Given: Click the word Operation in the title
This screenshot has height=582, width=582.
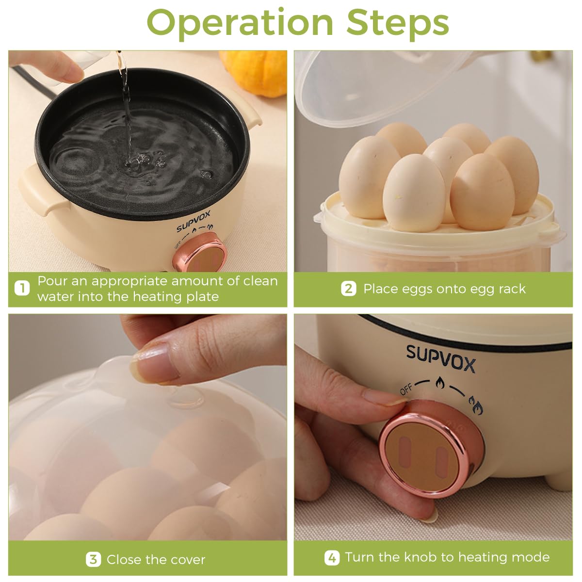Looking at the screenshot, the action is click(240, 24).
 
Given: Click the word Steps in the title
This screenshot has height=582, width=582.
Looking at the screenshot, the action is click(398, 24).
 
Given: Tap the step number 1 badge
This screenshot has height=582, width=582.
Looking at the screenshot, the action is click(22, 288).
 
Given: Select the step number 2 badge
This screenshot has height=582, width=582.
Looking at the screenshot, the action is click(349, 289).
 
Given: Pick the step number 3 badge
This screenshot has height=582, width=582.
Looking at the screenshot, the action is click(93, 559).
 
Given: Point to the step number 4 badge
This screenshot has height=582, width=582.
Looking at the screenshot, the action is click(332, 558).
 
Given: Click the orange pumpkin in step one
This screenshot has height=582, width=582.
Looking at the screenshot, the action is click(254, 73).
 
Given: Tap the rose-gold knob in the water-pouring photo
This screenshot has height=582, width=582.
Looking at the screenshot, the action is click(199, 253).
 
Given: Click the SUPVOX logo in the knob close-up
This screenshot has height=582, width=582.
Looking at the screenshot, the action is click(441, 358).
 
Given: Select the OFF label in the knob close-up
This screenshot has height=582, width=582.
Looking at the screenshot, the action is click(406, 389).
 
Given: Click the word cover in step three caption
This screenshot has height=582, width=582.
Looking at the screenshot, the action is click(187, 560).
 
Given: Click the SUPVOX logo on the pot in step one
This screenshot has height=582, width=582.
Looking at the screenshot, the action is click(194, 221).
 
